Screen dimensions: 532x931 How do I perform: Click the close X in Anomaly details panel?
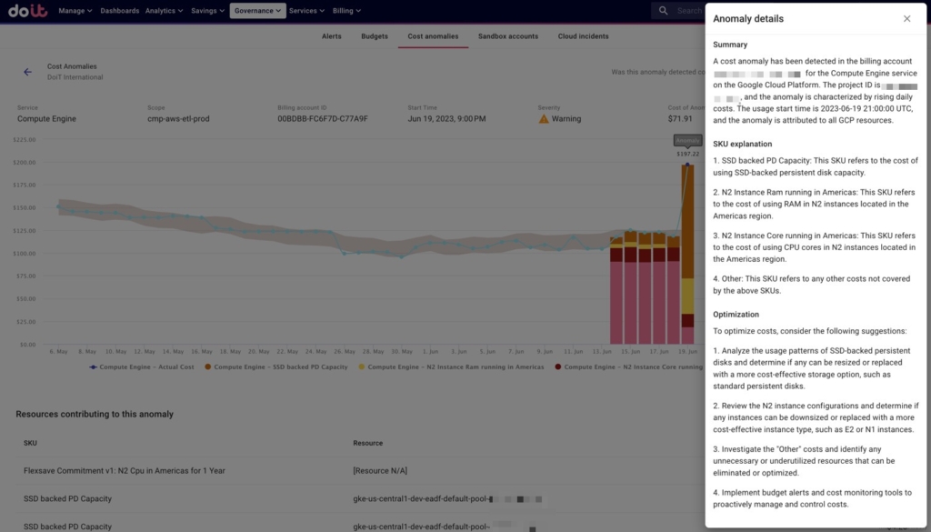click(906, 19)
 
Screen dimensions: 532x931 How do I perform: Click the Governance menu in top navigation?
click(257, 11)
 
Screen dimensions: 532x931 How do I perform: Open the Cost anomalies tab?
click(433, 36)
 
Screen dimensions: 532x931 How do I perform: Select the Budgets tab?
click(375, 36)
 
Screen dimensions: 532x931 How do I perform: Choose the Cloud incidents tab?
click(583, 36)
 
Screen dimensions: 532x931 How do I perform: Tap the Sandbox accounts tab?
click(508, 36)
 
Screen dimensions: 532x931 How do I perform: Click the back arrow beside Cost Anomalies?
click(27, 72)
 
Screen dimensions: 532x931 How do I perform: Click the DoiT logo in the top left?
click(27, 11)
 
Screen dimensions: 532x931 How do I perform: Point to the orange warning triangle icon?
click(544, 119)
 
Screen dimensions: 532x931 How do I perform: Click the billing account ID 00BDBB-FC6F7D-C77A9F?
click(322, 119)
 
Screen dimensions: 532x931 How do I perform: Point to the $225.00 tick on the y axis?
click(24, 140)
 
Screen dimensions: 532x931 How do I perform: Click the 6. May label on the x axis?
click(58, 351)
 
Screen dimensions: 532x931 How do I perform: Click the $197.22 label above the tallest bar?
click(687, 154)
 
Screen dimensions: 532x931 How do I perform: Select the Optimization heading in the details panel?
click(736, 315)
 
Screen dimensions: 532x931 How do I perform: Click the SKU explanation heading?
click(742, 144)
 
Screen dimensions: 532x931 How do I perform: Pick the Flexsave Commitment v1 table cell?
click(124, 470)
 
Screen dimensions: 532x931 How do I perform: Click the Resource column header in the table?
click(369, 443)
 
